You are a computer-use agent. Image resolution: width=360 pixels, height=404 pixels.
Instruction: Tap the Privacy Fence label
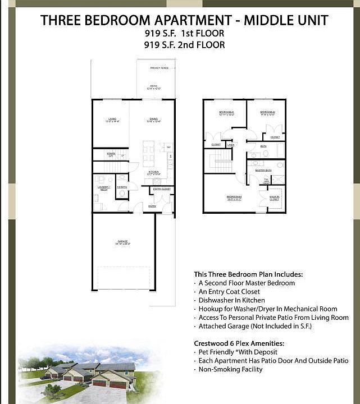(x=160, y=68)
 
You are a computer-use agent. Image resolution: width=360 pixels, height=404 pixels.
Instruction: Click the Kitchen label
(x=153, y=173)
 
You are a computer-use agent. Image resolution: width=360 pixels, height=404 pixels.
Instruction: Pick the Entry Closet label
(x=162, y=189)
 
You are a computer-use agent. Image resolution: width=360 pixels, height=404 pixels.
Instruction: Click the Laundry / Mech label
(x=103, y=188)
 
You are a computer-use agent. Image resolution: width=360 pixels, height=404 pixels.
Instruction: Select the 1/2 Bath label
(x=122, y=187)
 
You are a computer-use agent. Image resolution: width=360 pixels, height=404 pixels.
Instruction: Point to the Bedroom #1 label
(x=226, y=113)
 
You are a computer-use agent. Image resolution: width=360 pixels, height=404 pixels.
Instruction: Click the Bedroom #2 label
(x=267, y=113)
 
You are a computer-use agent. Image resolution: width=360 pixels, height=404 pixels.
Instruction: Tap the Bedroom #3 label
(x=234, y=197)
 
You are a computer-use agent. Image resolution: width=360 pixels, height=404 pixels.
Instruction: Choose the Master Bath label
(x=263, y=170)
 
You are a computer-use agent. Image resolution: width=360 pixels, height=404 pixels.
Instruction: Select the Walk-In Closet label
(x=274, y=198)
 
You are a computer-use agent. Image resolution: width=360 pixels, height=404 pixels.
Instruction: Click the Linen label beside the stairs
(x=231, y=145)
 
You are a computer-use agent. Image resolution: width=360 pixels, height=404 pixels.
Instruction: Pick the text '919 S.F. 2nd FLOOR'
(x=184, y=44)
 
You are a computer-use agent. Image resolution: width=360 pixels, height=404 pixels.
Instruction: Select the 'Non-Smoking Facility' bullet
(x=230, y=369)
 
